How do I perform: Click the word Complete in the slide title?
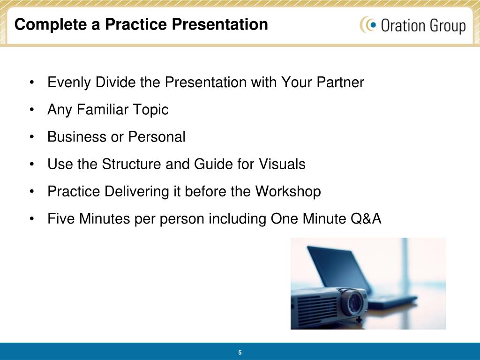(x=51, y=24)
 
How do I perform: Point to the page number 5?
(x=240, y=352)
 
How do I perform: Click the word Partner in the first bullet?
(x=340, y=82)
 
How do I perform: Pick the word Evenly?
(x=69, y=82)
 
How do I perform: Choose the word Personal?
(x=157, y=137)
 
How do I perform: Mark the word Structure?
(x=132, y=164)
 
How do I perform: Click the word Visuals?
(x=282, y=164)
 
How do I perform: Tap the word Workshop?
(x=288, y=192)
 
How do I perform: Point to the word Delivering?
(x=137, y=192)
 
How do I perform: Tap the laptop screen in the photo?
(x=336, y=270)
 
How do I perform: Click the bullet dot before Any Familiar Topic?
(x=32, y=110)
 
